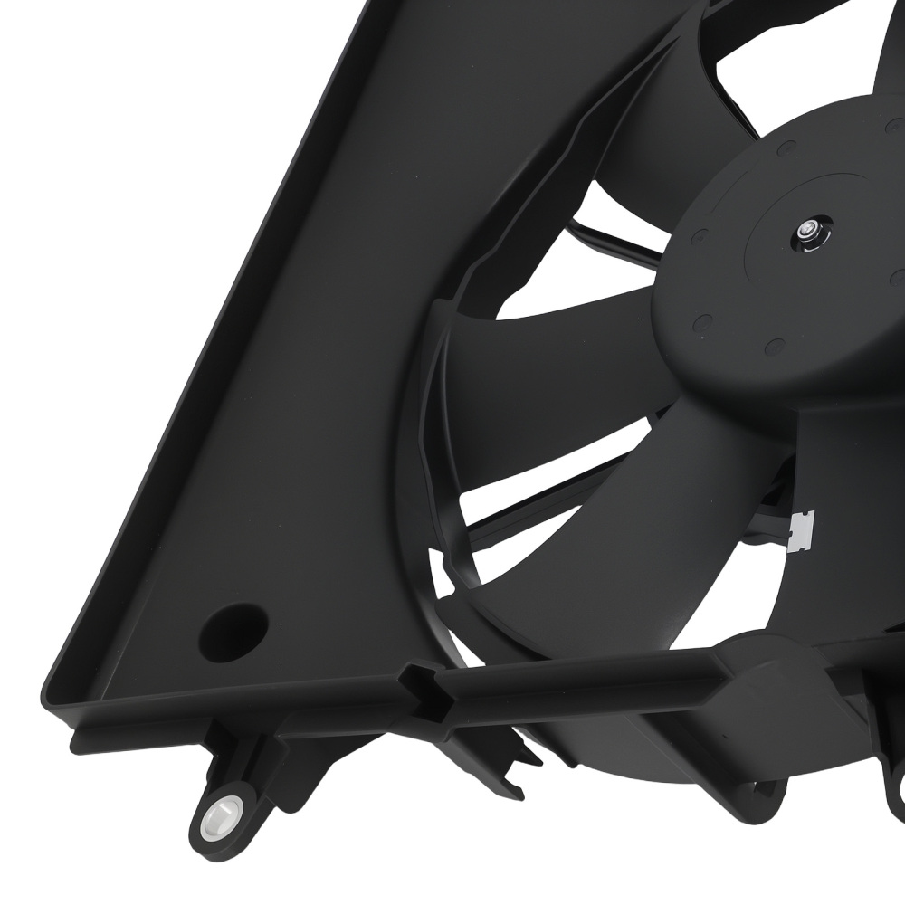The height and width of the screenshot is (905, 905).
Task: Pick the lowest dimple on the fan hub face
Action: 776,346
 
